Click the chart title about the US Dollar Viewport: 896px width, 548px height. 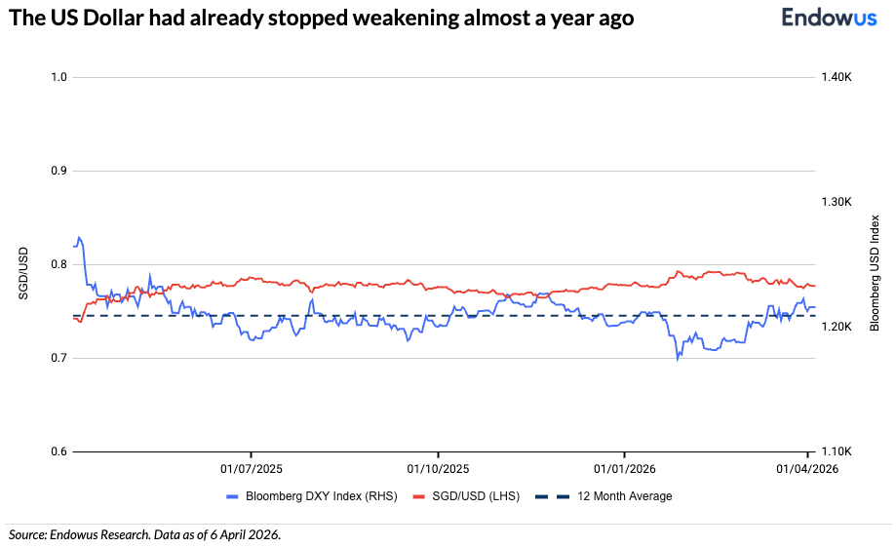[322, 19]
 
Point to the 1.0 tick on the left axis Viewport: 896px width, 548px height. [58, 77]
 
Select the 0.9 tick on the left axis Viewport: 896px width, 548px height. [58, 171]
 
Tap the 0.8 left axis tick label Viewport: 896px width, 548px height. [58, 264]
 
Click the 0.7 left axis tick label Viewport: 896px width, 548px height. [58, 358]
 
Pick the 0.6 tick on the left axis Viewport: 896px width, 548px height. [58, 451]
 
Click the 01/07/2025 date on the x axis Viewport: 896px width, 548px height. [252, 468]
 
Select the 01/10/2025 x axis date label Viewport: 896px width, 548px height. [438, 468]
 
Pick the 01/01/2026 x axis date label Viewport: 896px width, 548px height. [624, 468]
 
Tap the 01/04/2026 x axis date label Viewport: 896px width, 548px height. [806, 468]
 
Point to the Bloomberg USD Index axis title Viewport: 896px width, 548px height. [875, 272]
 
